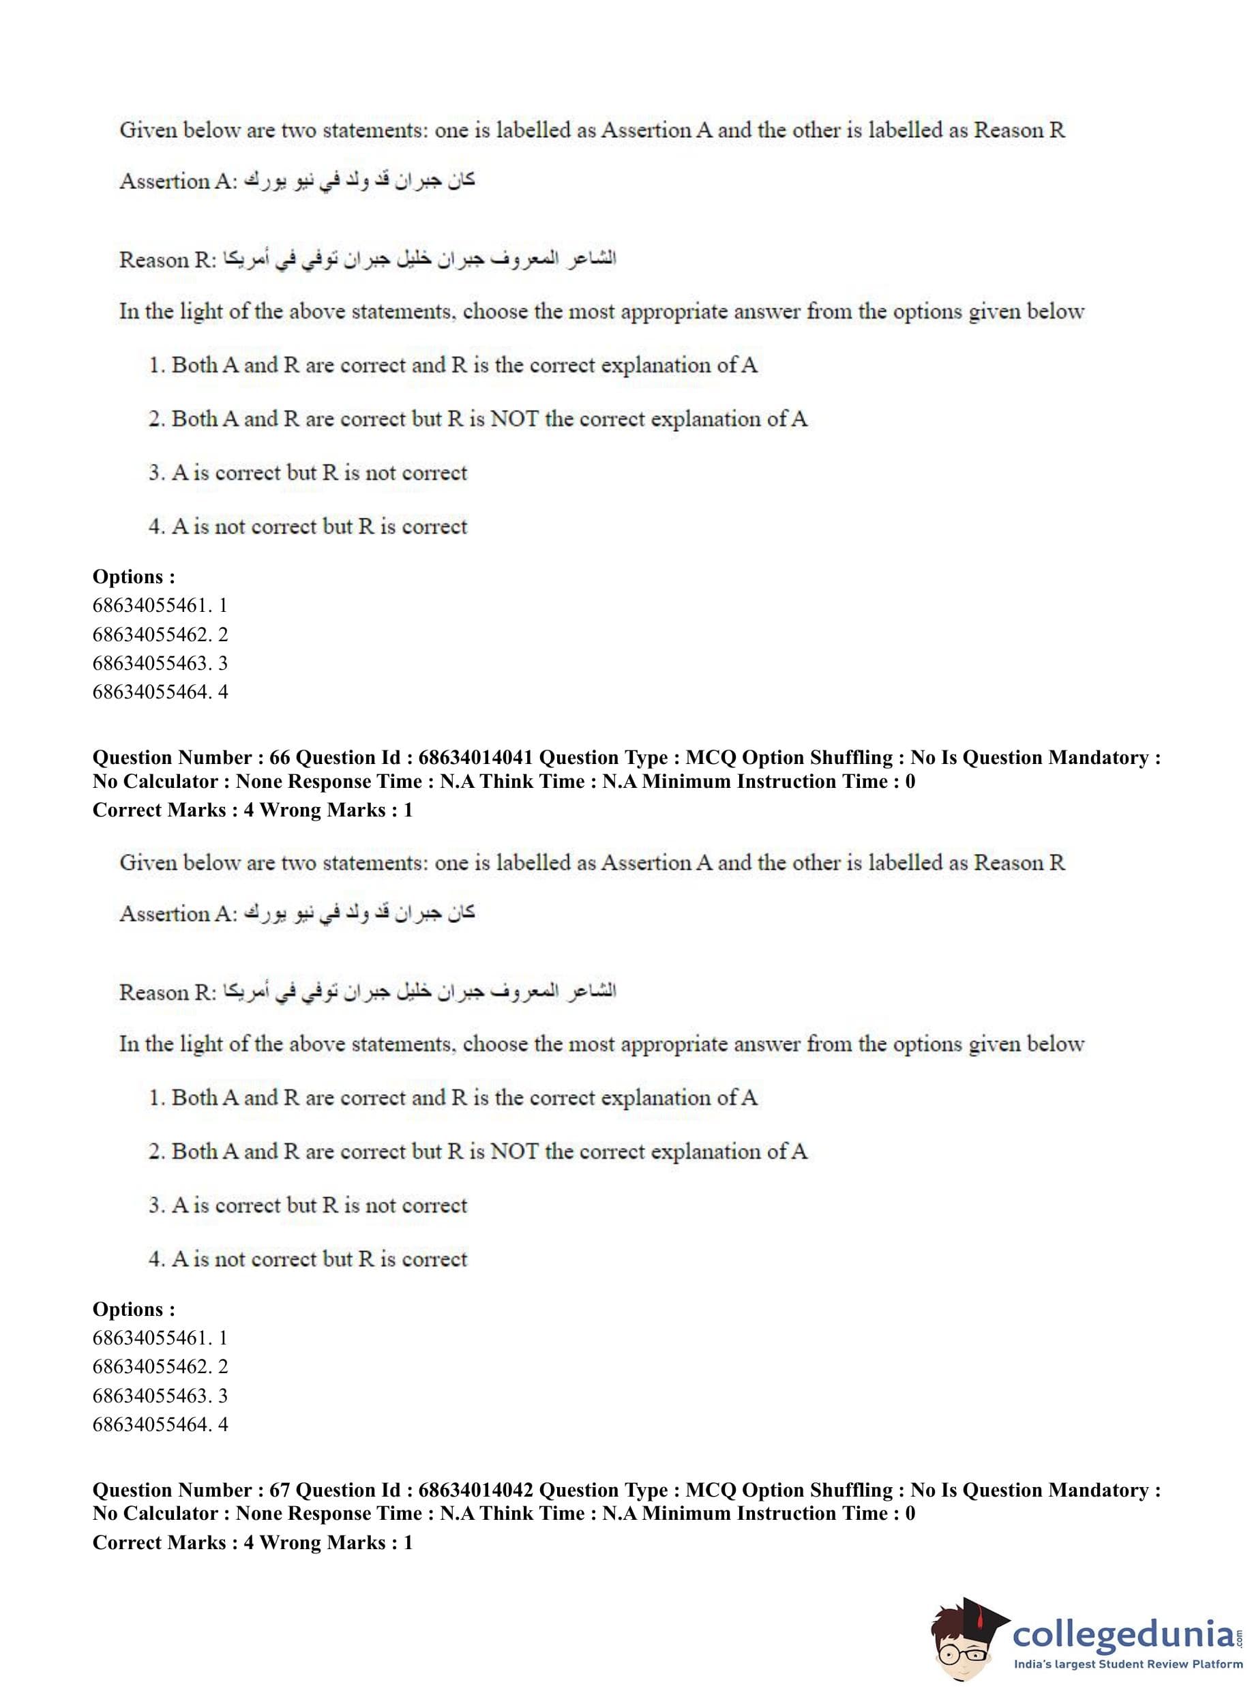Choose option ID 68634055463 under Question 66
[160, 1395]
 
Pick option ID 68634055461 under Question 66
[160, 1337]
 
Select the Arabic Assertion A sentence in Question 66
[357, 913]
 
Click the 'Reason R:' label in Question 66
[168, 993]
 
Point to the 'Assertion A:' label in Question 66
[179, 913]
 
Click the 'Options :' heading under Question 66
[134, 1308]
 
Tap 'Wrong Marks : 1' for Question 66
[336, 810]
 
